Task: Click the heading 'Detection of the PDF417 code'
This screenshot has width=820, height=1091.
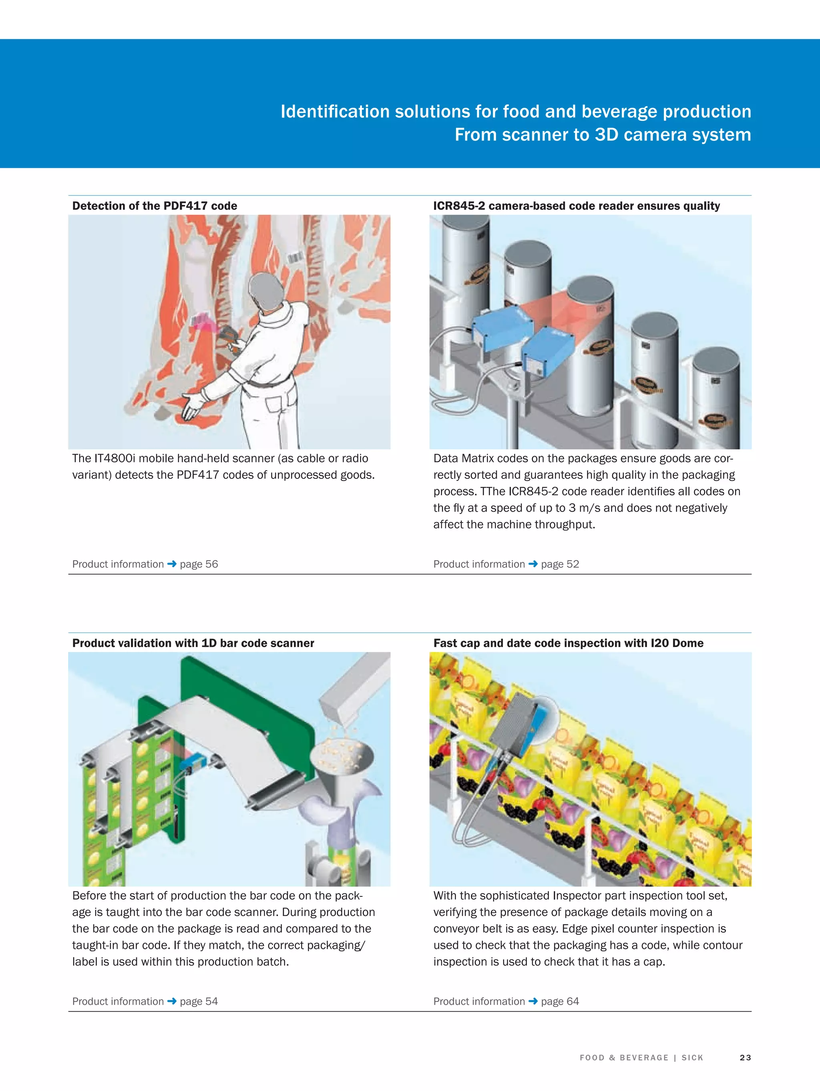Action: click(x=155, y=206)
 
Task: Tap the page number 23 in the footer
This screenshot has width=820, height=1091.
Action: click(x=745, y=1057)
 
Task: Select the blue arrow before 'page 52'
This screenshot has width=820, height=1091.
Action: click(x=533, y=564)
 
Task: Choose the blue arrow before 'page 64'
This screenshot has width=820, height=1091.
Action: click(x=533, y=1001)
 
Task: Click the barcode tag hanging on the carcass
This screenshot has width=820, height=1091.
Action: click(x=295, y=258)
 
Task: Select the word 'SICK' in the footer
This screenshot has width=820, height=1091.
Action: click(x=692, y=1057)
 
